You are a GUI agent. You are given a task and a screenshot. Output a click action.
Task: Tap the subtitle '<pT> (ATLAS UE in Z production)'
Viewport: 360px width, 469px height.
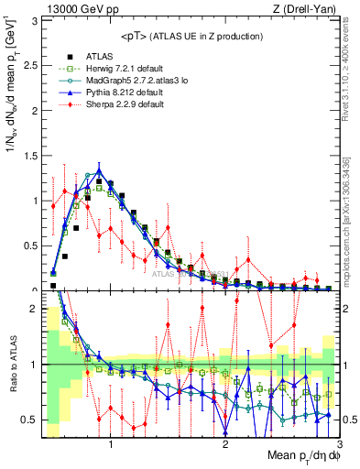click(191, 36)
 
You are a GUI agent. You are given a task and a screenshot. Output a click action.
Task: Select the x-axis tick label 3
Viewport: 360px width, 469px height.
click(339, 443)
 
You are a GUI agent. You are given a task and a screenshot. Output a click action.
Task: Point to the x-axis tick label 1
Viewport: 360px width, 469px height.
click(111, 443)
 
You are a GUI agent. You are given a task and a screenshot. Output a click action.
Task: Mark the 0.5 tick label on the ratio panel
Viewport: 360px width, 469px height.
click(31, 420)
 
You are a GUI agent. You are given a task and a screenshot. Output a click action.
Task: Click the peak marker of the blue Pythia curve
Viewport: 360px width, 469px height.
click(99, 170)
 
